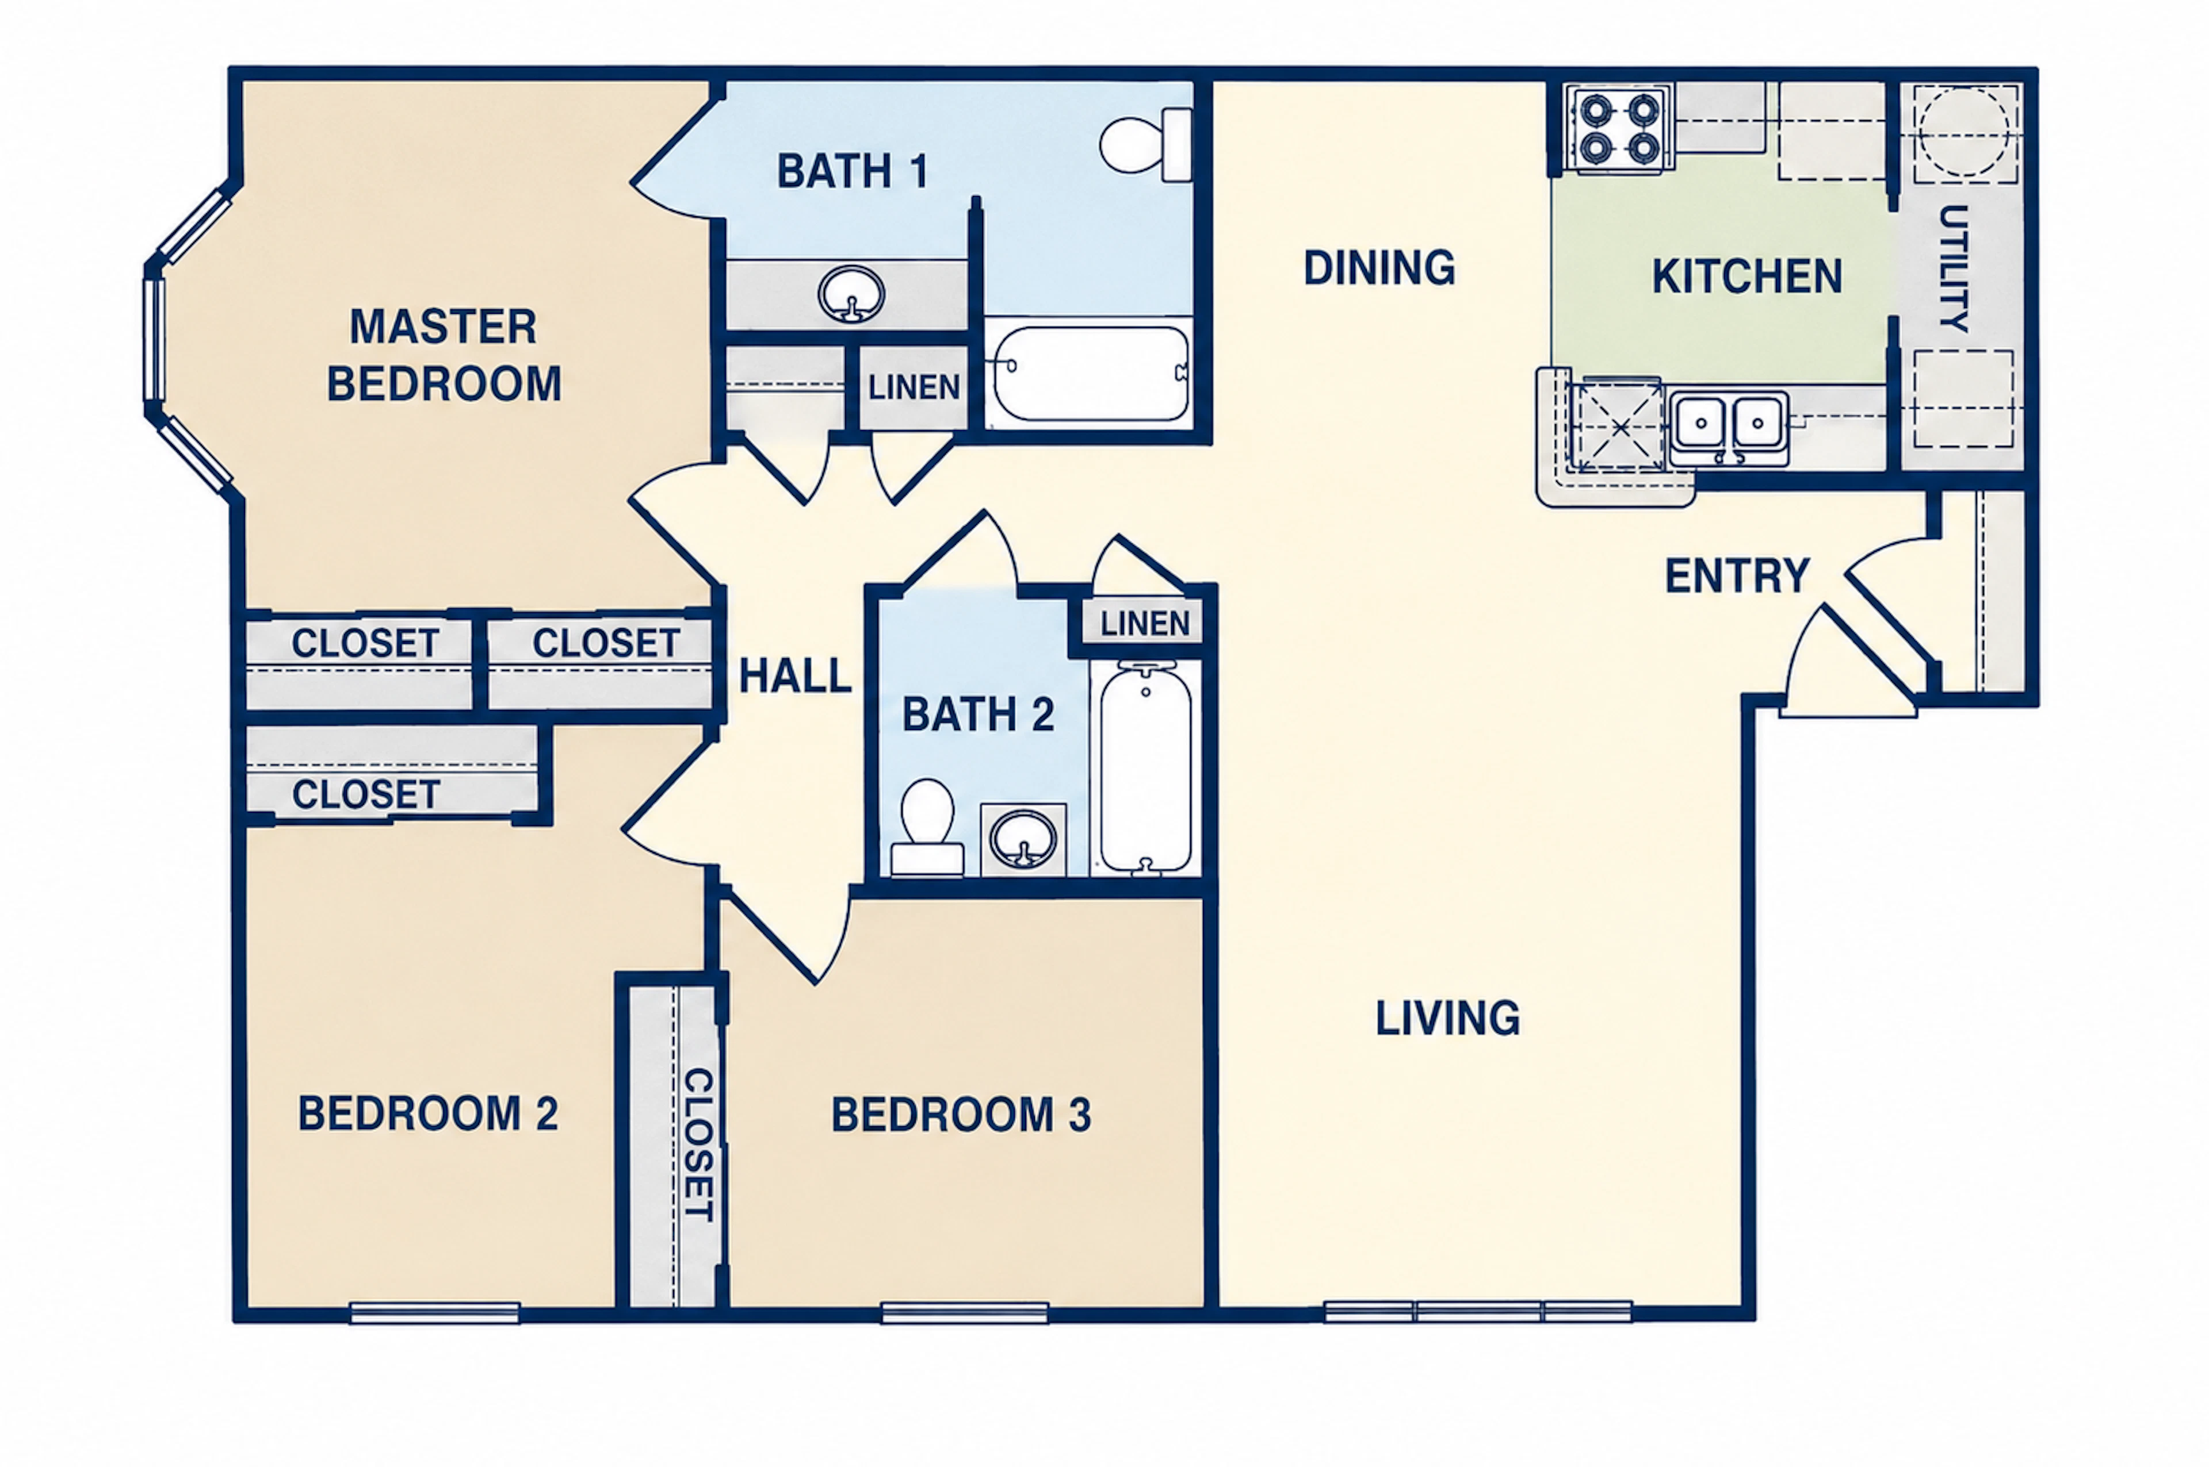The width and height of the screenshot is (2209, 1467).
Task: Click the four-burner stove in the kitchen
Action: pos(1618,130)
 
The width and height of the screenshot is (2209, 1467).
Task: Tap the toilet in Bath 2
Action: pos(927,828)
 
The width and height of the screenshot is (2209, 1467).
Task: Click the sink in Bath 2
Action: pos(1023,839)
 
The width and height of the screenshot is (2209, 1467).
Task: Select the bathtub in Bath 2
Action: pos(1146,767)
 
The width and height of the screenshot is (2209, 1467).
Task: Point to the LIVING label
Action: pos(1447,1018)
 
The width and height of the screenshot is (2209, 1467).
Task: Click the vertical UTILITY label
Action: pos(1954,268)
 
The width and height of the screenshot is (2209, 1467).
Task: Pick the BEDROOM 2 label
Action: pos(428,1113)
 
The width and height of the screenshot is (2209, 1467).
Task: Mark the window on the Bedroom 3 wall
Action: pos(964,1312)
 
